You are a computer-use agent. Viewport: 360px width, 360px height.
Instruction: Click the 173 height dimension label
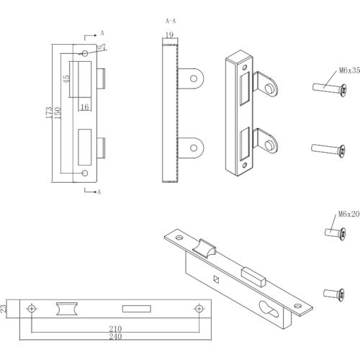tap(49, 112)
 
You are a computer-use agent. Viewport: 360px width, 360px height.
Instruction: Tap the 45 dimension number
tap(66, 79)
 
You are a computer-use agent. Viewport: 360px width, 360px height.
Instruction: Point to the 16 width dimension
tap(85, 107)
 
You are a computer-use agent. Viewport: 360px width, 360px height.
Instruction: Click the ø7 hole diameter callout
tap(102, 47)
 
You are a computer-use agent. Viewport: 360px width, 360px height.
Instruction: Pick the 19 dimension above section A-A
tap(169, 35)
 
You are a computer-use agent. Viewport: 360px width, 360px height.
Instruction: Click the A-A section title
tap(171, 21)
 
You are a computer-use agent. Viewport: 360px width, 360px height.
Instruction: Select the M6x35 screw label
tap(349, 71)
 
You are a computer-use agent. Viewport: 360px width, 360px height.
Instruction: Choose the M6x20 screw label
tap(348, 214)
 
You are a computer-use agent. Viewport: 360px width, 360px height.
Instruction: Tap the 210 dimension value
tap(115, 328)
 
